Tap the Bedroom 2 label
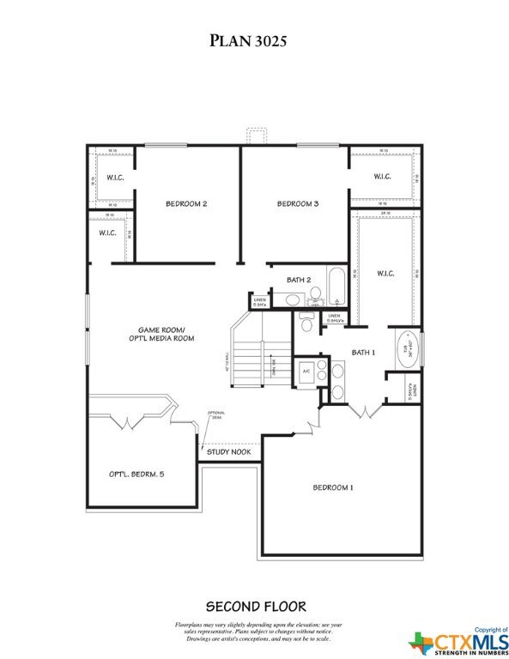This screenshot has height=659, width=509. point(186,204)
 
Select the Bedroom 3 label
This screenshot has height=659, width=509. point(297,204)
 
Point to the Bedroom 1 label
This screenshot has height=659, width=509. point(332,487)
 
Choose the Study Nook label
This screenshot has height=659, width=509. point(232,449)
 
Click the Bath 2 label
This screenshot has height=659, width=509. point(298,280)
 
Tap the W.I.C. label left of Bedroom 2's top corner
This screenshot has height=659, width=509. point(116,178)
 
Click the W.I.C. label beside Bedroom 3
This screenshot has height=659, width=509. point(382,178)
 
